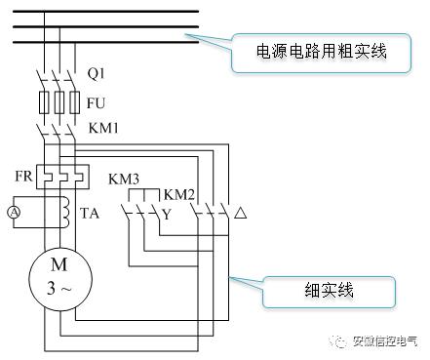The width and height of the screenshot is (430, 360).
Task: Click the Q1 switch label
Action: click(x=96, y=73)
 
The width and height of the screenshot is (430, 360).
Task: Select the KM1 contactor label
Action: click(x=101, y=127)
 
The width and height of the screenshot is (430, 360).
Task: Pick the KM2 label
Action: click(x=179, y=194)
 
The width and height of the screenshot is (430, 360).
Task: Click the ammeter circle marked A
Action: click(x=14, y=212)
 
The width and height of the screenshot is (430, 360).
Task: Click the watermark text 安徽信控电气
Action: click(x=384, y=341)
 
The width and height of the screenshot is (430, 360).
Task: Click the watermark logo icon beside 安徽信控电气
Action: click(x=337, y=341)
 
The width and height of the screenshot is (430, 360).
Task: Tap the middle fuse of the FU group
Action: click(x=60, y=100)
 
